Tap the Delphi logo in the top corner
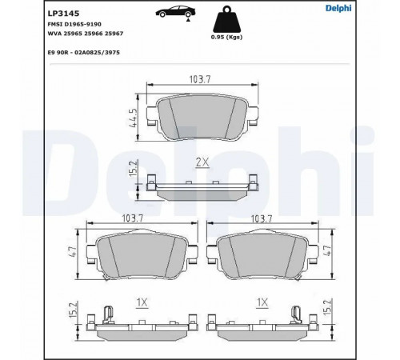coord(338,8)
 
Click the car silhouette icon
coord(175,11)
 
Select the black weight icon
coord(226,19)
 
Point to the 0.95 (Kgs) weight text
coord(226,37)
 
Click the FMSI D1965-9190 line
coord(74,24)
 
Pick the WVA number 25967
coord(114,34)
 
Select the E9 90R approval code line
coord(84,53)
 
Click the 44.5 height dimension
coord(133,118)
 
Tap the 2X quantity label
coord(202,162)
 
